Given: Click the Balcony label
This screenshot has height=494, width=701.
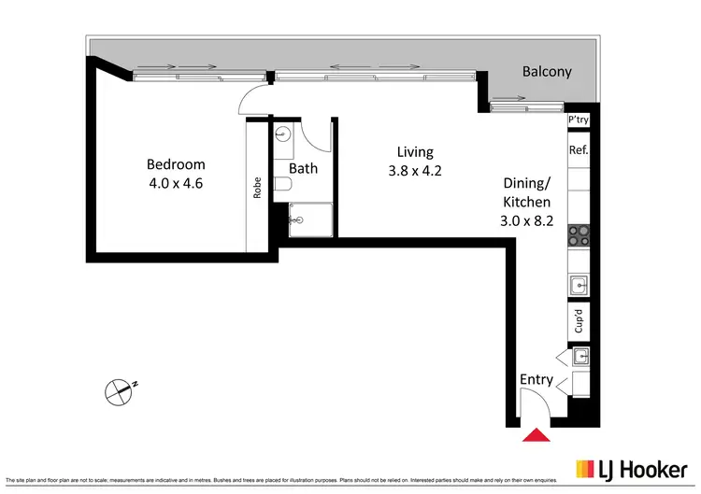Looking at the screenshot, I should pyautogui.click(x=547, y=72).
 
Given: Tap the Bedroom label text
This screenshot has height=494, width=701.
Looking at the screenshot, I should pyautogui.click(x=176, y=165).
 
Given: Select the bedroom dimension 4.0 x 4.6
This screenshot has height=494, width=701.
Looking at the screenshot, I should pyautogui.click(x=176, y=183).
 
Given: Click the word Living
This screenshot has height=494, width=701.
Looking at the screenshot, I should pyautogui.click(x=415, y=152).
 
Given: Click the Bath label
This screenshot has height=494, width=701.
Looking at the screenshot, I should pyautogui.click(x=304, y=169).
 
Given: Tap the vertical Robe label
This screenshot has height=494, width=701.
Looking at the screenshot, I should pyautogui.click(x=257, y=189).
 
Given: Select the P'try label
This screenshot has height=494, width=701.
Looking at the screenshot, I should pyautogui.click(x=579, y=120).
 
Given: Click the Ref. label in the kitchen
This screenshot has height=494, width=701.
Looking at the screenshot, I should pyautogui.click(x=578, y=149).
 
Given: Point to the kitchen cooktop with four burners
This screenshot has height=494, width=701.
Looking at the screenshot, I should pyautogui.click(x=579, y=235).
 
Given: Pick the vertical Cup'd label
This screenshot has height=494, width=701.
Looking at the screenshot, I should pyautogui.click(x=579, y=322).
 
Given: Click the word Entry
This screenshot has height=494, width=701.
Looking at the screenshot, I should pyautogui.click(x=536, y=380).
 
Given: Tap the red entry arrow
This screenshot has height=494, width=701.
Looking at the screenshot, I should pyautogui.click(x=536, y=434).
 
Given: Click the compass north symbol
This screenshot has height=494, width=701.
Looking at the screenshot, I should pyautogui.click(x=119, y=391).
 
